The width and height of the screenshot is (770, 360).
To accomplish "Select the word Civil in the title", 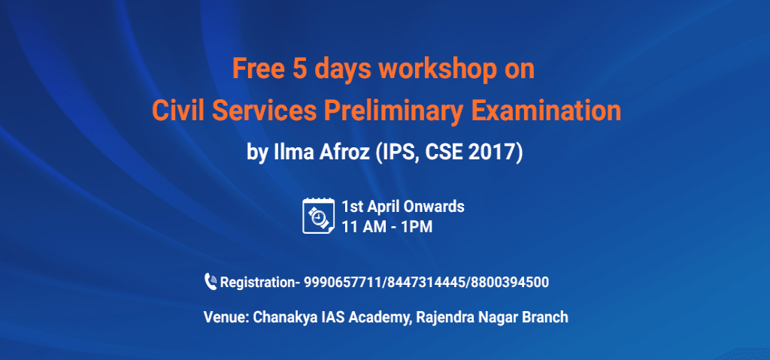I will [177, 111].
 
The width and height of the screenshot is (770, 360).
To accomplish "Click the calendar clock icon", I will [318, 215].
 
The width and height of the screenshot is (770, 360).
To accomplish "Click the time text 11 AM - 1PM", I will [387, 225].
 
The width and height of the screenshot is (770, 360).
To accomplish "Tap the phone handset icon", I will [211, 282].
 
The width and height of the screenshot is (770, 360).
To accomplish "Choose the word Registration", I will [256, 283].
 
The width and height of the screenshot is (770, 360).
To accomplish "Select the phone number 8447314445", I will [426, 283].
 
